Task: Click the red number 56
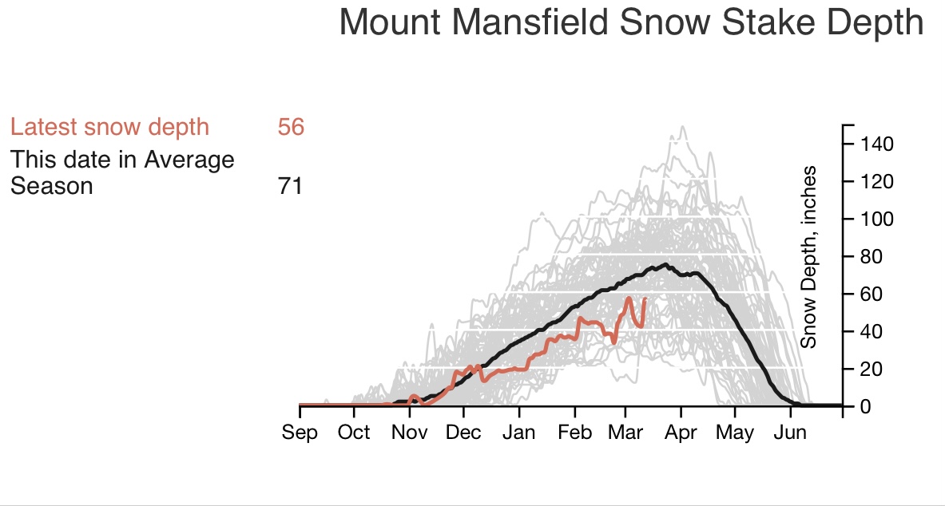(x=291, y=127)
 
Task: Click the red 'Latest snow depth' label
(x=109, y=127)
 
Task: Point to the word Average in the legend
(x=189, y=160)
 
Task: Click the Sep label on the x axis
(x=300, y=433)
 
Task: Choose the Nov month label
(x=409, y=433)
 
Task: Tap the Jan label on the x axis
(x=519, y=433)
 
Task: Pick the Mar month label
(x=625, y=433)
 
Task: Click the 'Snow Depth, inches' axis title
(x=809, y=257)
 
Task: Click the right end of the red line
(x=645, y=298)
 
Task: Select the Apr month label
(x=681, y=433)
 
